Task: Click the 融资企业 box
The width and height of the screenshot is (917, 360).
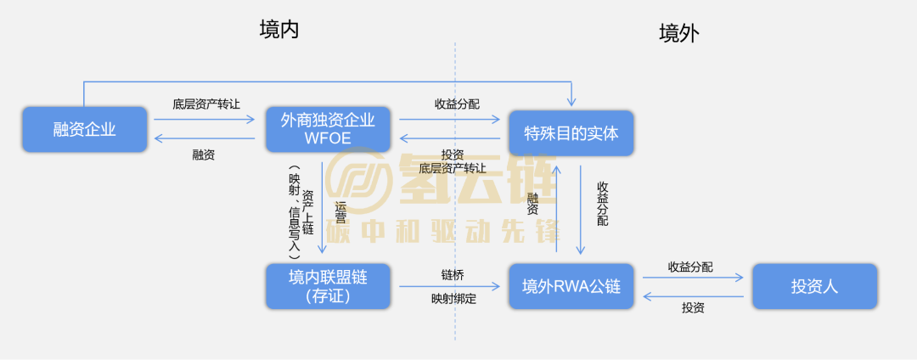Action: [x=84, y=130]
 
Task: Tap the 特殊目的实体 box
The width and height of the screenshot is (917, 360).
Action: [x=571, y=132]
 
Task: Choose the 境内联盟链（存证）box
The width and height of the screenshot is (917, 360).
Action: [x=328, y=286]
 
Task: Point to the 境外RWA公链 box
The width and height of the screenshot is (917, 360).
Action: [x=571, y=287]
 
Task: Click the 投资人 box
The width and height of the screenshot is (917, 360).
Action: [x=814, y=286]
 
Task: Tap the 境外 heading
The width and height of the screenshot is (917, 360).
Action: [x=679, y=33]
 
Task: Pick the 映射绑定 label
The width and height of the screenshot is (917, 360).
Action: [x=453, y=299]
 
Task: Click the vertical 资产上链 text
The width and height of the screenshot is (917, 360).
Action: [x=308, y=212]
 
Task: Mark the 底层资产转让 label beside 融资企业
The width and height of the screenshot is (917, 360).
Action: [x=205, y=104]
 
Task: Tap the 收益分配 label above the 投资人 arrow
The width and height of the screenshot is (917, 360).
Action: [x=690, y=267]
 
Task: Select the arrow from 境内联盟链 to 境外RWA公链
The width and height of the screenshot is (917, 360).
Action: [x=450, y=287]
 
